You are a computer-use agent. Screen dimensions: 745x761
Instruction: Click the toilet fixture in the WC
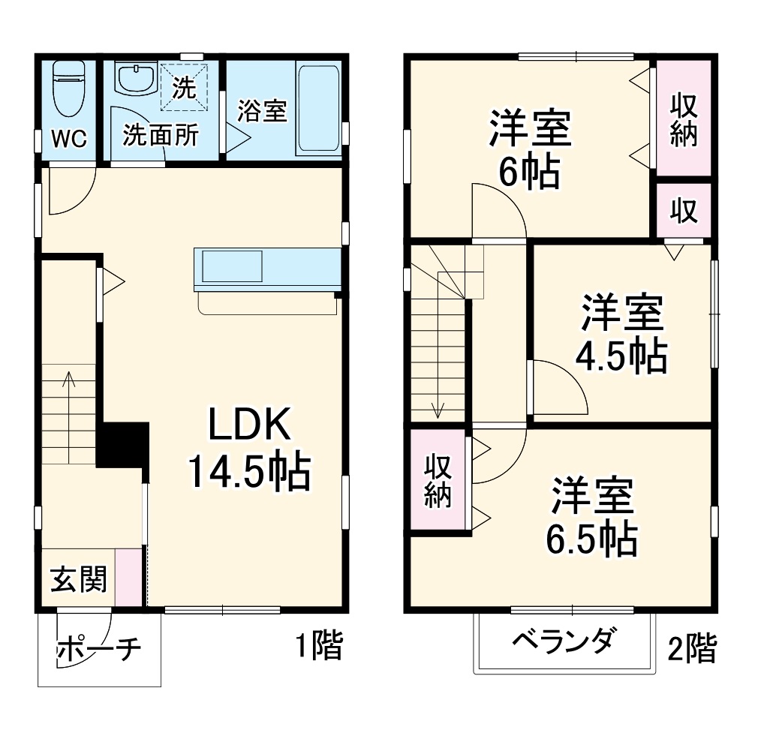click(x=68, y=89)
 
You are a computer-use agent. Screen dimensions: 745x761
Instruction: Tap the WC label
click(x=69, y=139)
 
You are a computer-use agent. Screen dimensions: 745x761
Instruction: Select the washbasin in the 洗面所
click(x=135, y=77)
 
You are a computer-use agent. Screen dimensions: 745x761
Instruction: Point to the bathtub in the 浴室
click(x=319, y=110)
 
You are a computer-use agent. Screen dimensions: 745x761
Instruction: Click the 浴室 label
click(x=262, y=112)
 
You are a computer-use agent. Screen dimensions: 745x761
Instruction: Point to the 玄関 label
click(x=78, y=579)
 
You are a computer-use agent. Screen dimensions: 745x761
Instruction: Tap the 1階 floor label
click(x=318, y=646)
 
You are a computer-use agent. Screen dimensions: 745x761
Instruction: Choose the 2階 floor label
click(x=691, y=648)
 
